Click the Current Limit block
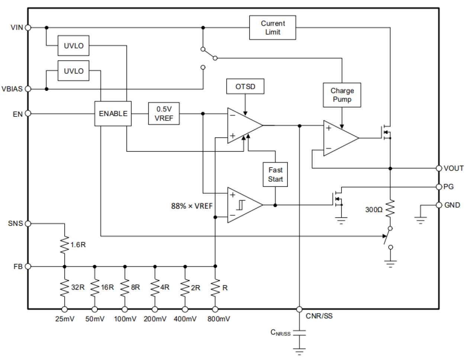(273, 28)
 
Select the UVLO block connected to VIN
(73, 45)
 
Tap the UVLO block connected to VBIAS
(73, 71)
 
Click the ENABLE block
(113, 114)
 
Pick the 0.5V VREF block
(164, 114)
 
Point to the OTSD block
(245, 86)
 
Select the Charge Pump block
(342, 95)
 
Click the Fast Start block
(275, 175)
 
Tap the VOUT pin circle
(439, 168)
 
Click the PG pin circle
(439, 186)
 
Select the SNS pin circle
(28, 223)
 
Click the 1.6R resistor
(65, 245)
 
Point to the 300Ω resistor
(390, 209)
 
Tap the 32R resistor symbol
(65, 288)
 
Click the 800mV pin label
(219, 319)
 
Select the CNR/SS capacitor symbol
(299, 333)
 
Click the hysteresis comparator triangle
(244, 205)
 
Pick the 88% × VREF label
(191, 206)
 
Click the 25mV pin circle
(65, 309)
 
